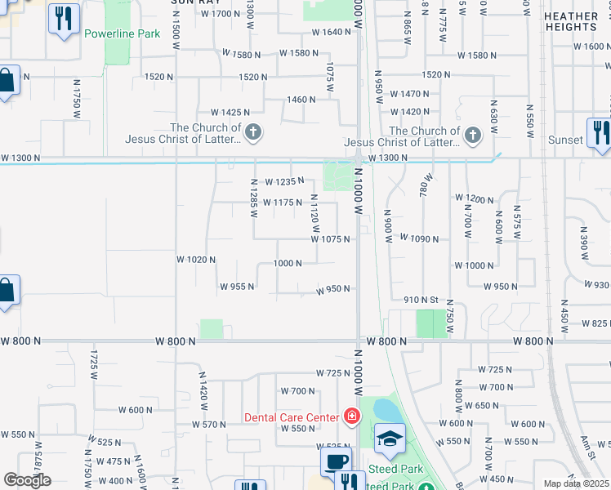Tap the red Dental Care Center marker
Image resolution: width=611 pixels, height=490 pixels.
point(352,417)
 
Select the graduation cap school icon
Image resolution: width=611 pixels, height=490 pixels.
point(390,440)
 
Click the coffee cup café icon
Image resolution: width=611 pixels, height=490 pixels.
point(335,461)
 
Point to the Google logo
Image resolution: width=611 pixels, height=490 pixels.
point(27,480)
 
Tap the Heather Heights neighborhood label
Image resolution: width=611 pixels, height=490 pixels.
point(571,21)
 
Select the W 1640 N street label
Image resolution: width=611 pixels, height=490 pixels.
point(332,33)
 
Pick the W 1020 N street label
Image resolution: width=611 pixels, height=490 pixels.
point(196,260)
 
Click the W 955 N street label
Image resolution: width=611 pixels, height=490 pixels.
point(237,287)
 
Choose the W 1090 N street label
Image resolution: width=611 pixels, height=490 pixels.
point(419,239)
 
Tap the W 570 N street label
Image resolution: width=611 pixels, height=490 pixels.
point(208,425)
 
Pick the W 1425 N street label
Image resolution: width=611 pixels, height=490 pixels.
point(230,112)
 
